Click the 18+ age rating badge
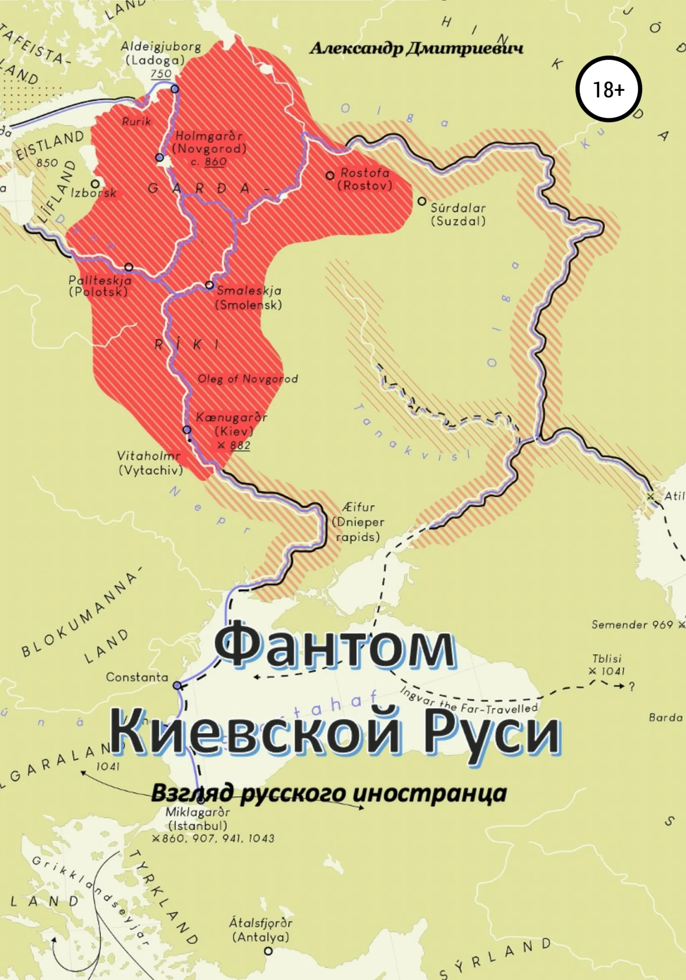(608, 89)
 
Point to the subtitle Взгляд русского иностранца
(328, 793)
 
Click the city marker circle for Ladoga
(175, 89)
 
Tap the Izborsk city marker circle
(95, 184)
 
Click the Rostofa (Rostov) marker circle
(330, 175)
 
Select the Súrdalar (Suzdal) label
(457, 214)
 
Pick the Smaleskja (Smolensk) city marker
(209, 285)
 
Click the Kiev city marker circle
(187, 429)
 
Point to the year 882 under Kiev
(240, 445)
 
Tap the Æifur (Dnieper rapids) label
(358, 522)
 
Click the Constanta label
(137, 677)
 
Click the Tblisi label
(606, 658)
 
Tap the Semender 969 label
(632, 625)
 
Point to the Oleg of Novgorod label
(247, 379)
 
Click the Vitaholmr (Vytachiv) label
(150, 463)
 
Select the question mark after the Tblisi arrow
(632, 686)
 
